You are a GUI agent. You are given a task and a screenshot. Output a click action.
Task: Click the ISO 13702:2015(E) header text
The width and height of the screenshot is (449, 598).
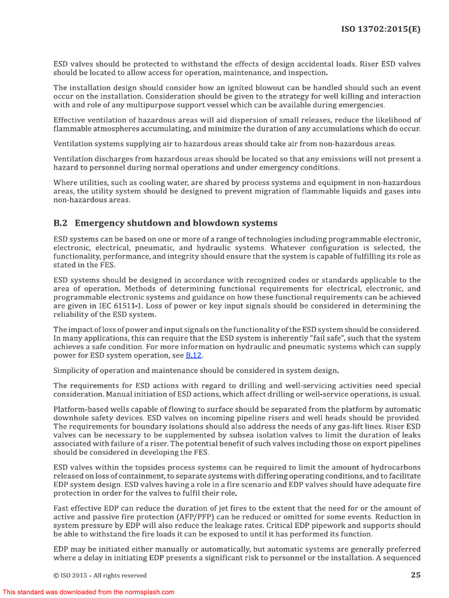tap(381, 29)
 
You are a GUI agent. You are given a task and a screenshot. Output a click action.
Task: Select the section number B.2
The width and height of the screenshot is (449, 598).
tap(61, 223)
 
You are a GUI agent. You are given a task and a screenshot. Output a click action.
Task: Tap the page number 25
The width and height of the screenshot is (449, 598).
tap(415, 575)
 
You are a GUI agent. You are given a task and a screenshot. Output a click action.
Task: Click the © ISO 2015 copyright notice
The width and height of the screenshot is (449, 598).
tap(100, 575)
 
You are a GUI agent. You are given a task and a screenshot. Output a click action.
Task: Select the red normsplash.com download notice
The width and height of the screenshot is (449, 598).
tap(88, 592)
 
